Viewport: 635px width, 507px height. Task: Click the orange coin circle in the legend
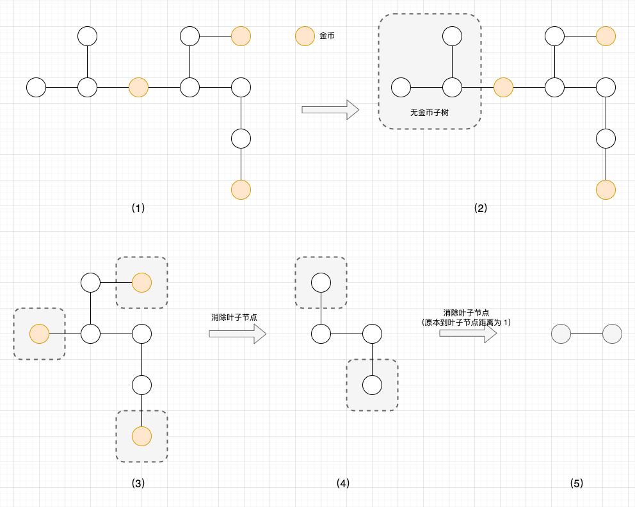[x=305, y=36]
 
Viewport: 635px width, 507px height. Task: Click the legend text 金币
[x=327, y=36]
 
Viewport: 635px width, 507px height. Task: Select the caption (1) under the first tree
[x=138, y=208]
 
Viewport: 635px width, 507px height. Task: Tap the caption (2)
[x=481, y=208]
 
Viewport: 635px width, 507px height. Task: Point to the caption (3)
[x=138, y=483]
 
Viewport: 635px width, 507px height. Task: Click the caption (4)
[x=343, y=483]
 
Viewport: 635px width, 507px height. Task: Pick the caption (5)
[x=577, y=483]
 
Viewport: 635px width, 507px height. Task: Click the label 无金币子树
[x=430, y=113]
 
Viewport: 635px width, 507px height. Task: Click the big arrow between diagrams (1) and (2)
[x=330, y=109]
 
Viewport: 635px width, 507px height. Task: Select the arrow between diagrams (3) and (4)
[x=237, y=334]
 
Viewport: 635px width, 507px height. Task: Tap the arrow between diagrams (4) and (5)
[x=468, y=334]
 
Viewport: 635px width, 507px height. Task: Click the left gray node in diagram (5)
[x=561, y=334]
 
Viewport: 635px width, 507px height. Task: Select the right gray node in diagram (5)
[x=612, y=334]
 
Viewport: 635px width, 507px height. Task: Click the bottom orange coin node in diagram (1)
[x=241, y=189]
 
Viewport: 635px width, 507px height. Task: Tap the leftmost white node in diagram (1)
[x=36, y=87]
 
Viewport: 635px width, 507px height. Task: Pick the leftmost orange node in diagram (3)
[x=40, y=334]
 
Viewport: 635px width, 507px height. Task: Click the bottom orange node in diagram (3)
[x=141, y=436]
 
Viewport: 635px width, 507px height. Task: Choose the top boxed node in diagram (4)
[x=321, y=282]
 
